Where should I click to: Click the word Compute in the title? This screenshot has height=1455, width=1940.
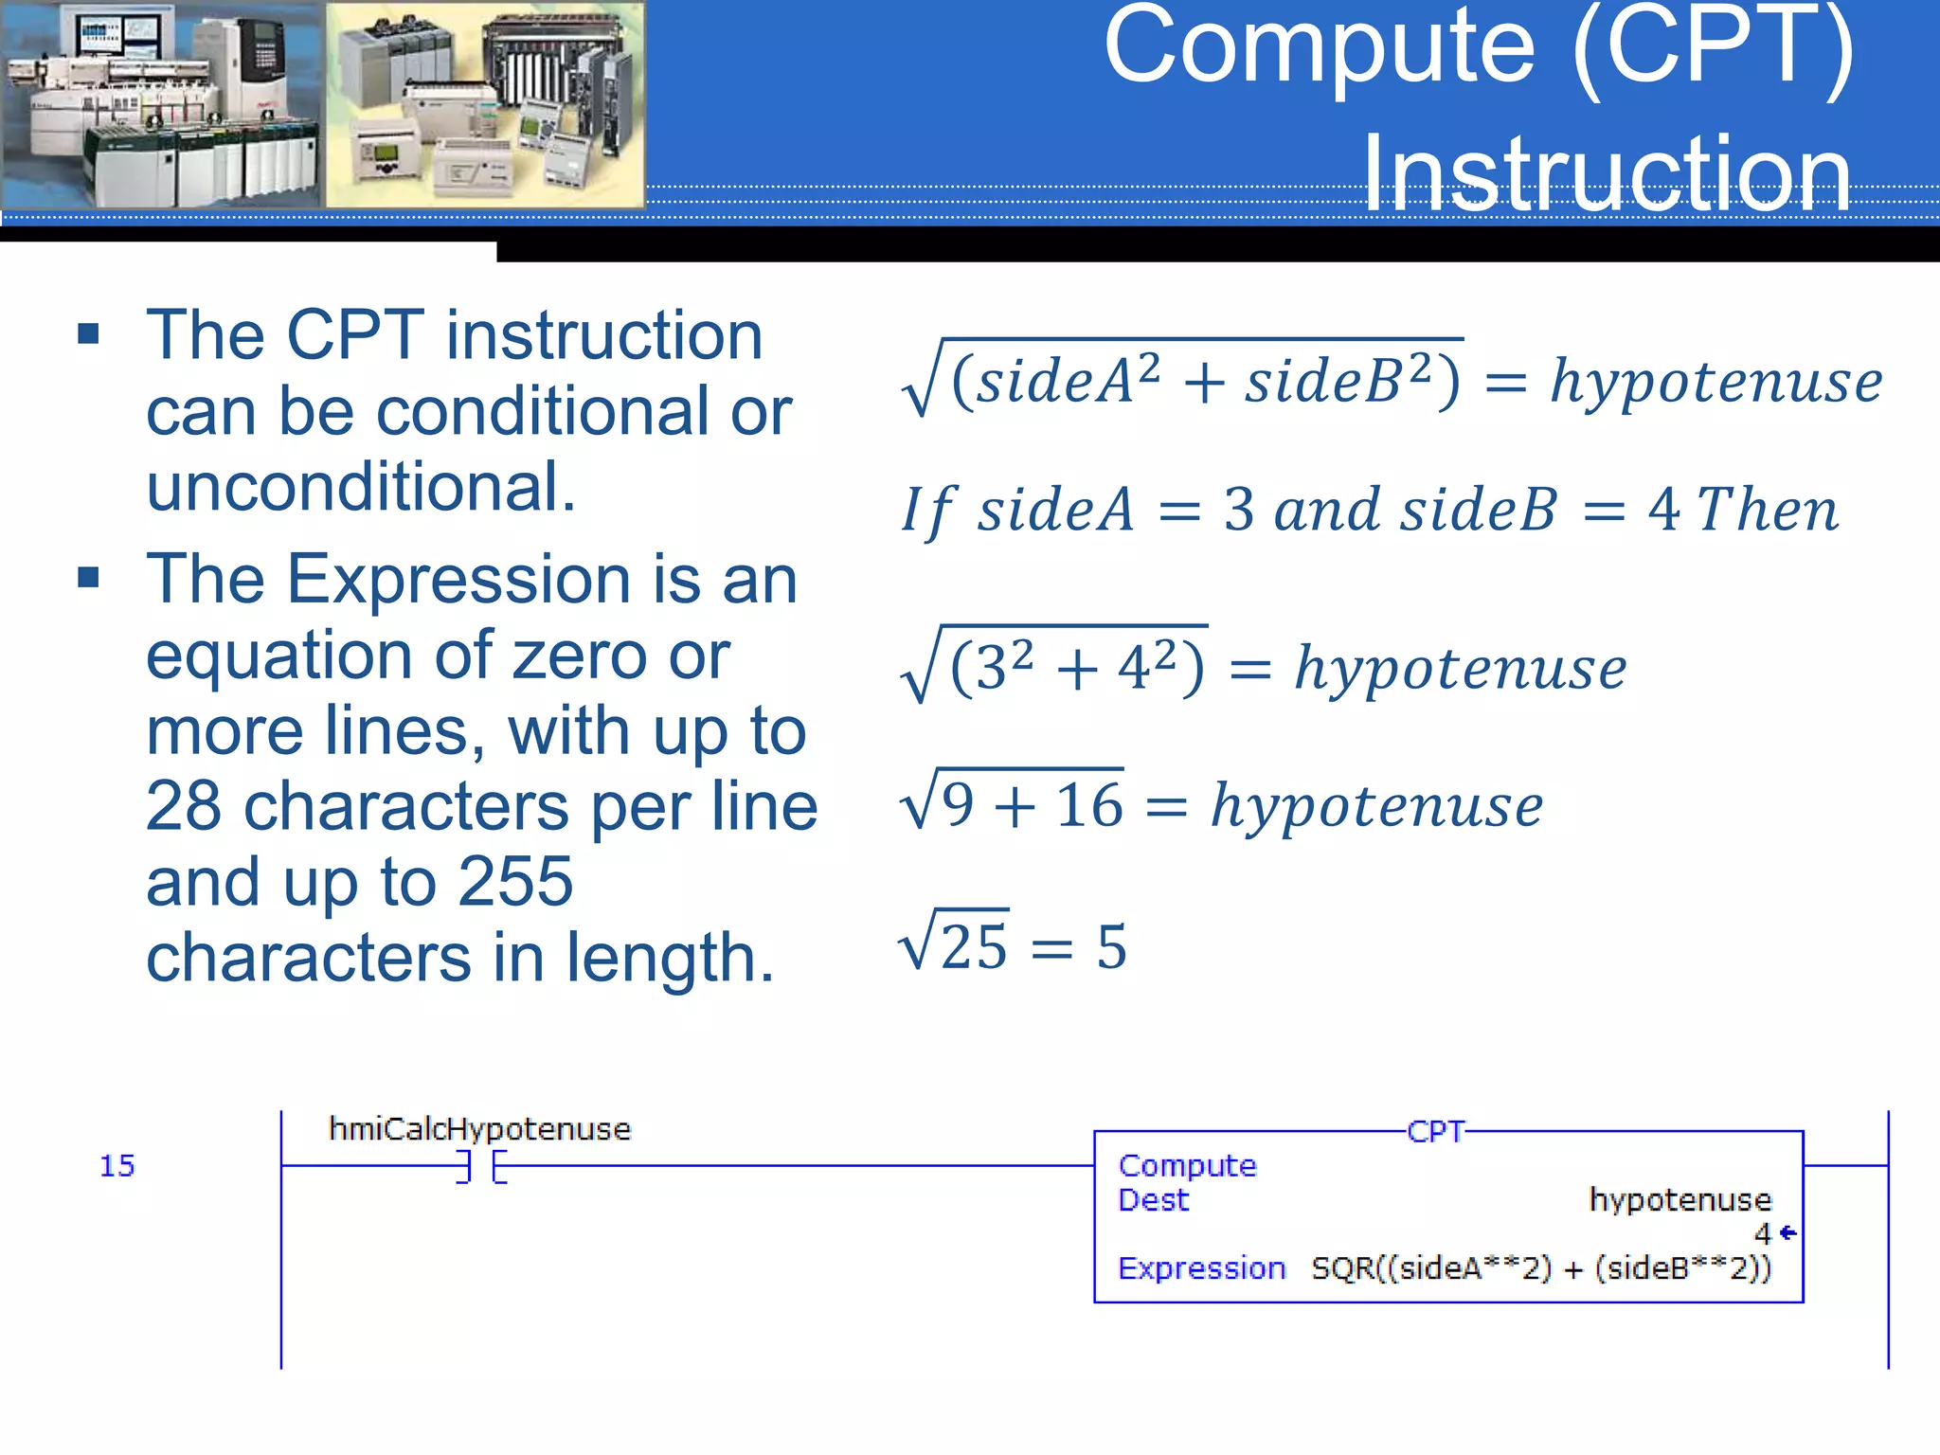[1319, 47]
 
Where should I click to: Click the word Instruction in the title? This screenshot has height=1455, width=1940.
[1607, 174]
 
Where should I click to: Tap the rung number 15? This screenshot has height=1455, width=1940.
[117, 1166]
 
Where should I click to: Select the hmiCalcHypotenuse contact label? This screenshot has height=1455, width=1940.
[479, 1129]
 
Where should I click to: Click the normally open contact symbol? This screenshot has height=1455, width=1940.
[481, 1166]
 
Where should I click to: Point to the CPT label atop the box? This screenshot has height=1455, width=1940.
[1436, 1132]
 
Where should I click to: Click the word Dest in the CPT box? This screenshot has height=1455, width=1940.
[1153, 1200]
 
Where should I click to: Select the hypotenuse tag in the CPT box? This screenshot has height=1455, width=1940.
[1680, 1200]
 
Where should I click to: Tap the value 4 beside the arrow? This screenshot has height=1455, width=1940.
[1762, 1234]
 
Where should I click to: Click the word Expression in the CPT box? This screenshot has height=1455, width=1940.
[1201, 1268]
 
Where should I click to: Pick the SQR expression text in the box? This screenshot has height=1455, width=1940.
[1540, 1268]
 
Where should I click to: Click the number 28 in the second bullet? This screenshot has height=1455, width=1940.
[184, 806]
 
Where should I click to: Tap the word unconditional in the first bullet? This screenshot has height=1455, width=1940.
[361, 487]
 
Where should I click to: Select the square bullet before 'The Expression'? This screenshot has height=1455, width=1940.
[89, 577]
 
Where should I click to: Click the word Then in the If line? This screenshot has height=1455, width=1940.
[1767, 510]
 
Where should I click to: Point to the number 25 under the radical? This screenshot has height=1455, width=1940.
[974, 946]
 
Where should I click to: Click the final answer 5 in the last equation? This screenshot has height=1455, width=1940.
[1112, 946]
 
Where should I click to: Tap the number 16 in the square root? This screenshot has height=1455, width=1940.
[1089, 806]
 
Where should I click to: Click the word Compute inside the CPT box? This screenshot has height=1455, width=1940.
[1187, 1166]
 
